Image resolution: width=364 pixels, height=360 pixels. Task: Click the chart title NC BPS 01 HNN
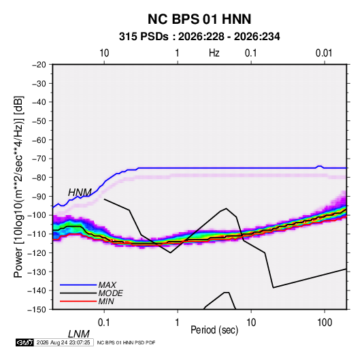click(199, 19)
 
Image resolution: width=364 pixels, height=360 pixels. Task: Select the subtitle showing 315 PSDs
click(199, 37)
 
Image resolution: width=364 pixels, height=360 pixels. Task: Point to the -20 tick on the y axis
click(39, 65)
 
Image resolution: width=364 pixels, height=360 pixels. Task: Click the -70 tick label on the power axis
click(39, 159)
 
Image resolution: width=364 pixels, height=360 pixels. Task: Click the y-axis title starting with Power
click(18, 187)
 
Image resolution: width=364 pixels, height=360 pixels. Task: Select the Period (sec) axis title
click(214, 330)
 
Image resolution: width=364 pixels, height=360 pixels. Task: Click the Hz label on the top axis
click(214, 53)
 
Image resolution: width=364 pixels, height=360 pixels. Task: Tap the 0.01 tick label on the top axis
click(324, 53)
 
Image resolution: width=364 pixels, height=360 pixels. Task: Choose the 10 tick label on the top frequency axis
click(104, 53)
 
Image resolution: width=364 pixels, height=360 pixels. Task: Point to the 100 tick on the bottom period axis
click(325, 323)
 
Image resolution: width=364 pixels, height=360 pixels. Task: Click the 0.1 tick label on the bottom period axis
click(104, 323)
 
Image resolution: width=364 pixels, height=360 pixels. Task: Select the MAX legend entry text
click(107, 285)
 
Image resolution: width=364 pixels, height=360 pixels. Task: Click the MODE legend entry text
click(110, 293)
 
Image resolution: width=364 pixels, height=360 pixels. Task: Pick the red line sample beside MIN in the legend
click(78, 301)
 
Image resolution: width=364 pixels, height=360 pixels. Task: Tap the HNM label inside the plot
click(80, 193)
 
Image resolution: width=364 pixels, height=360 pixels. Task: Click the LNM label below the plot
click(78, 334)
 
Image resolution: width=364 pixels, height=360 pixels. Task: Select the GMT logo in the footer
click(25, 342)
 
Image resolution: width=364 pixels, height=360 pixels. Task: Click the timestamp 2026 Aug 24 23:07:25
click(63, 342)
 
